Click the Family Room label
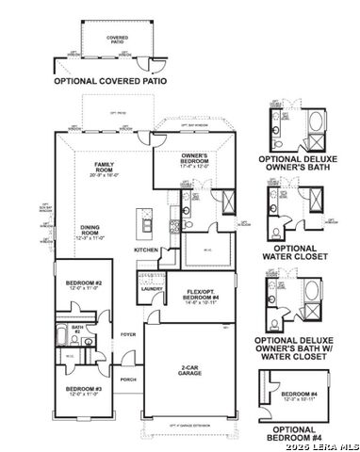96,170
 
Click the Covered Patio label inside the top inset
117,40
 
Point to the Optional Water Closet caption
299,250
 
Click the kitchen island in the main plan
147,222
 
